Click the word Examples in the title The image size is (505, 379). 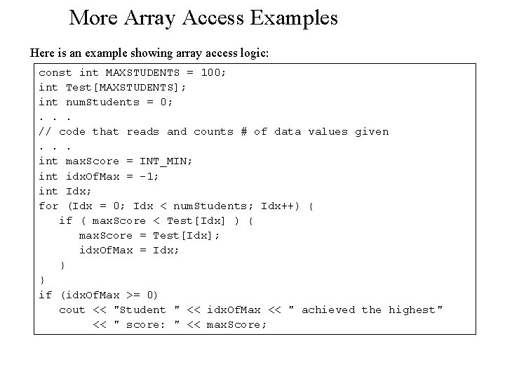pos(294,18)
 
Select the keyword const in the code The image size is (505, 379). pos(55,72)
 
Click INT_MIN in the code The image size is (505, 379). pos(166,161)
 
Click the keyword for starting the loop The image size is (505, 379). pos(48,206)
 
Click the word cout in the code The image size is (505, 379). pos(72,310)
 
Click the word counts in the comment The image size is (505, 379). pos(213,131)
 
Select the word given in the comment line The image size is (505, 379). pos(372,131)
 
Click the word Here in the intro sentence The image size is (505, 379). pos(41,53)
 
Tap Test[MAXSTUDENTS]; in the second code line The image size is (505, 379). pos(126,87)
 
